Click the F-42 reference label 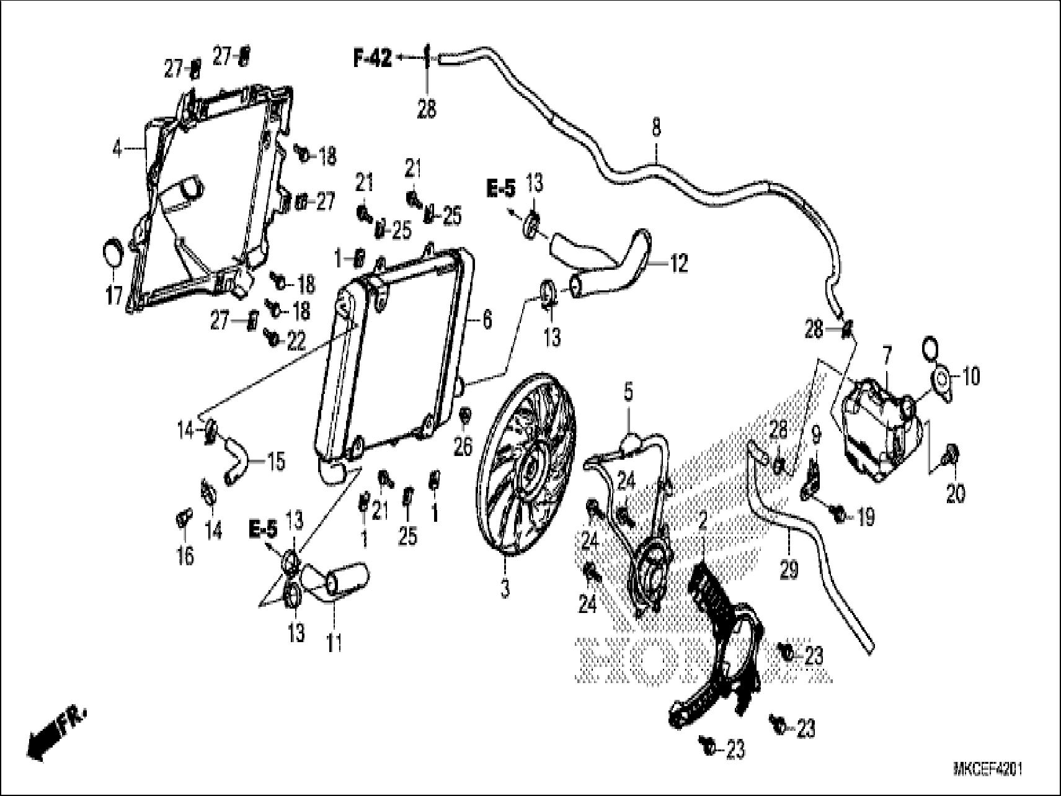click(372, 58)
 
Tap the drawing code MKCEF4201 click(987, 770)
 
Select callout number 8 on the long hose click(656, 129)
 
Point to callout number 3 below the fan click(505, 588)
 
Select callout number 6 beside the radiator click(487, 320)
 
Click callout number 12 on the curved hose click(679, 264)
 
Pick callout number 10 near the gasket click(972, 376)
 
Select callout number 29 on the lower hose click(789, 570)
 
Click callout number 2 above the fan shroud click(702, 522)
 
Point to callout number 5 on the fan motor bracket click(628, 393)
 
